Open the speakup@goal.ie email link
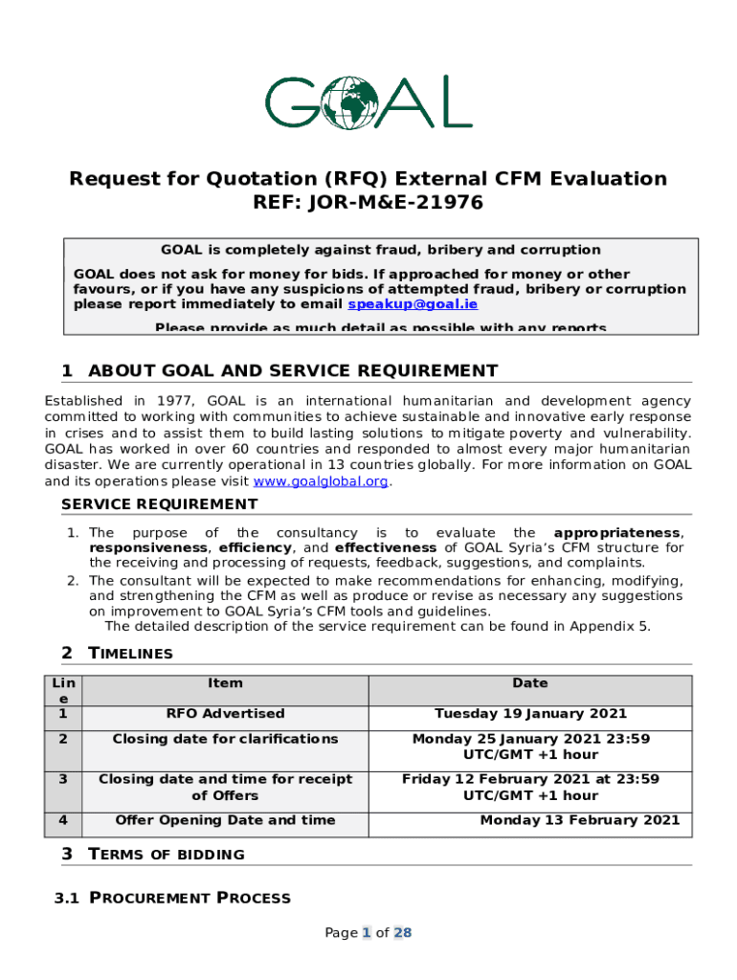point(413,304)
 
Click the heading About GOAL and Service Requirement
point(292,371)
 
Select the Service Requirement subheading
point(159,504)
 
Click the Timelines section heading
point(130,654)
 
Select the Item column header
point(225,683)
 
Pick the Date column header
point(530,683)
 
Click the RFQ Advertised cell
point(225,713)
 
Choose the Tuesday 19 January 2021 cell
point(530,713)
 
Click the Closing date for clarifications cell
point(225,739)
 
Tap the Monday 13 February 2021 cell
point(580,820)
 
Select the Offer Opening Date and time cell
point(225,820)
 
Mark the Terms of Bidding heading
point(166,855)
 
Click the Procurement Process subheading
point(190,898)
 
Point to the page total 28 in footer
point(402,933)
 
